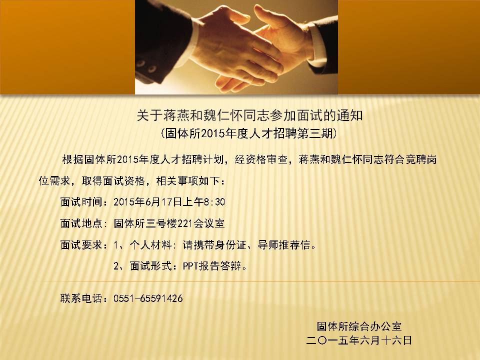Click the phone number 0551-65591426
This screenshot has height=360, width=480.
point(148,298)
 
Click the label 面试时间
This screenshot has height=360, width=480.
point(81,202)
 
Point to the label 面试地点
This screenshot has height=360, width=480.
point(81,223)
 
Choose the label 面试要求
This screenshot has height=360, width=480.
point(81,245)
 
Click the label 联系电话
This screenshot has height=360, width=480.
point(81,298)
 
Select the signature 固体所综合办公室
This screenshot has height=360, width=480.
point(359,326)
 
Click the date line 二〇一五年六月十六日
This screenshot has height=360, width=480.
point(359,340)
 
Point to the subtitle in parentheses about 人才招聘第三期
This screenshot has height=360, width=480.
point(248,133)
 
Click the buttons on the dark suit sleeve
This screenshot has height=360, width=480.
point(146,66)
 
